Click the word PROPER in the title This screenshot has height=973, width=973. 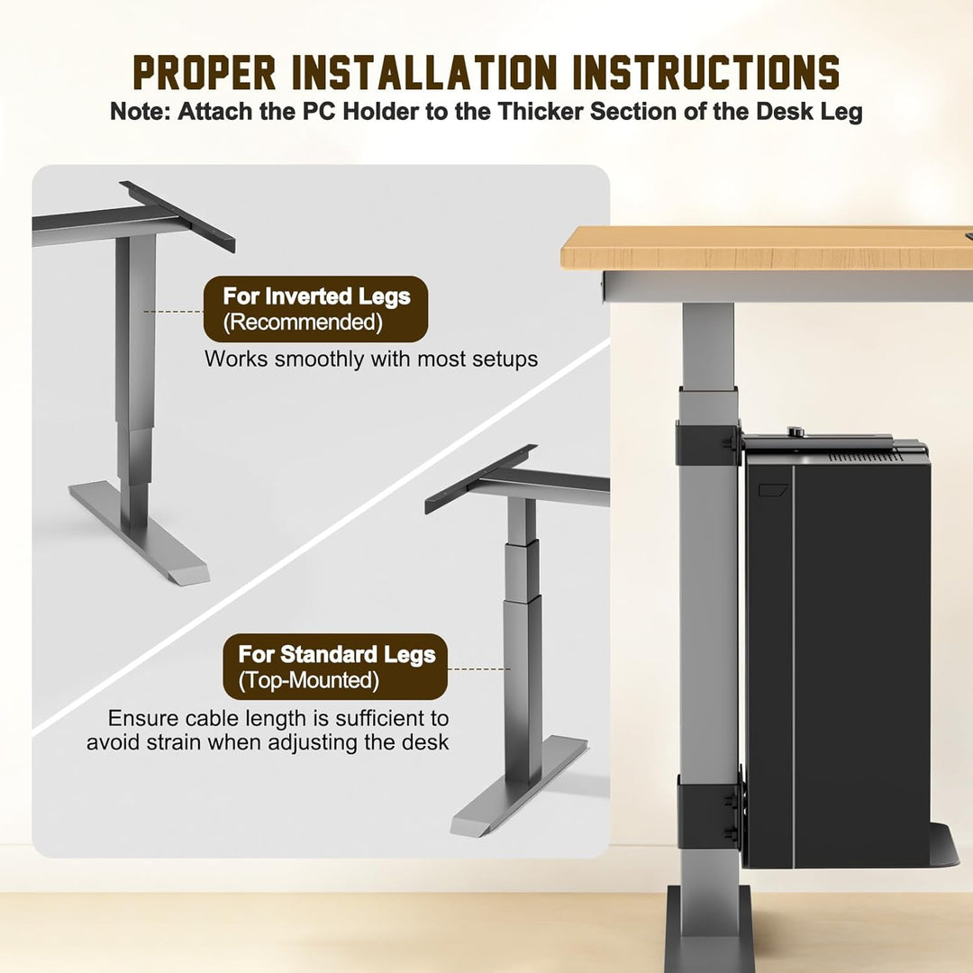[205, 73]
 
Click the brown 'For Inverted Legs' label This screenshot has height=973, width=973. [316, 309]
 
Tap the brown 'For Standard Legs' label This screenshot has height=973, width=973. [336, 667]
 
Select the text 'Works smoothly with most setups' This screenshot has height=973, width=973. [371, 359]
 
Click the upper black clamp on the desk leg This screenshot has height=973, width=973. [707, 441]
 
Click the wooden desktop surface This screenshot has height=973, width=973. [767, 248]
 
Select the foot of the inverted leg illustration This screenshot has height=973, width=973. [139, 533]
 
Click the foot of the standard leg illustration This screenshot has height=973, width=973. [519, 785]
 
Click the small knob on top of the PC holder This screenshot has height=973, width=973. [795, 432]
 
